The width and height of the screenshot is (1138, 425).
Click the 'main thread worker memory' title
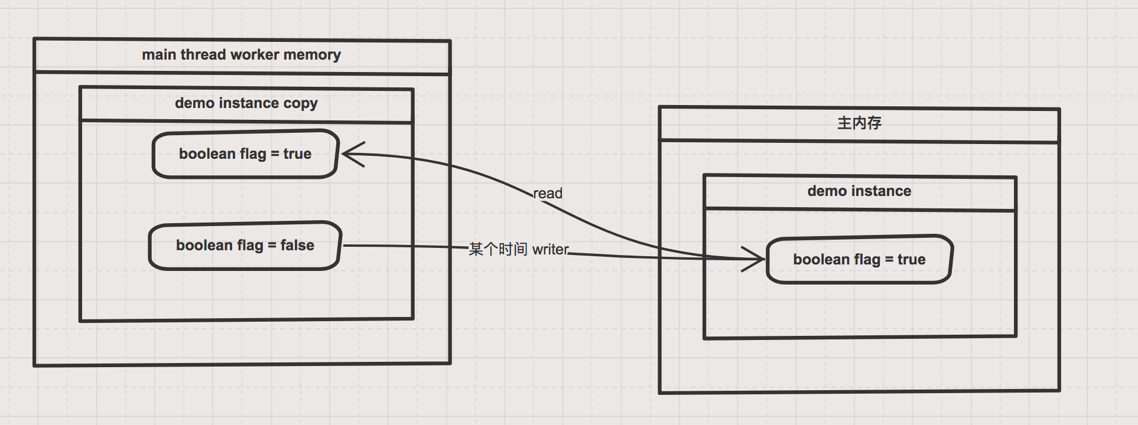pyautogui.click(x=241, y=55)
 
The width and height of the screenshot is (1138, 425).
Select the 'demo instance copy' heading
pyautogui.click(x=246, y=103)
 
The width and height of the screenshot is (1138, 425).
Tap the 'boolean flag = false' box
pyautogui.click(x=245, y=246)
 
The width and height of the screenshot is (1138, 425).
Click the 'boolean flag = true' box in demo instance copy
pyautogui.click(x=245, y=154)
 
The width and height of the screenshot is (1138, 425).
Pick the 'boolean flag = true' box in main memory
pyautogui.click(x=859, y=260)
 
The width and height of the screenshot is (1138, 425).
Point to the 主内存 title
pyautogui.click(x=859, y=123)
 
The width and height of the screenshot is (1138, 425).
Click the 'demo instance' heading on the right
pyautogui.click(x=859, y=191)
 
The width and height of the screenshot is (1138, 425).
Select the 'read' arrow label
pyautogui.click(x=548, y=194)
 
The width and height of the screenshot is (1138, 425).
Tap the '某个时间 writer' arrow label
pyautogui.click(x=518, y=250)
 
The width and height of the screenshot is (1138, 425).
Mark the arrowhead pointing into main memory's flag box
pyautogui.click(x=756, y=259)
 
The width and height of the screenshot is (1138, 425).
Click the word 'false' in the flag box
pyautogui.click(x=297, y=246)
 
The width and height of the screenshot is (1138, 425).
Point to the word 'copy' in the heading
pyautogui.click(x=300, y=104)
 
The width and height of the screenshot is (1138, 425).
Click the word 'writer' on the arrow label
pyautogui.click(x=550, y=250)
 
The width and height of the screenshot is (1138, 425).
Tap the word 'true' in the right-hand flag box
pyautogui.click(x=911, y=260)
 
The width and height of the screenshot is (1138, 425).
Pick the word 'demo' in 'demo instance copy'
pyautogui.click(x=194, y=103)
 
